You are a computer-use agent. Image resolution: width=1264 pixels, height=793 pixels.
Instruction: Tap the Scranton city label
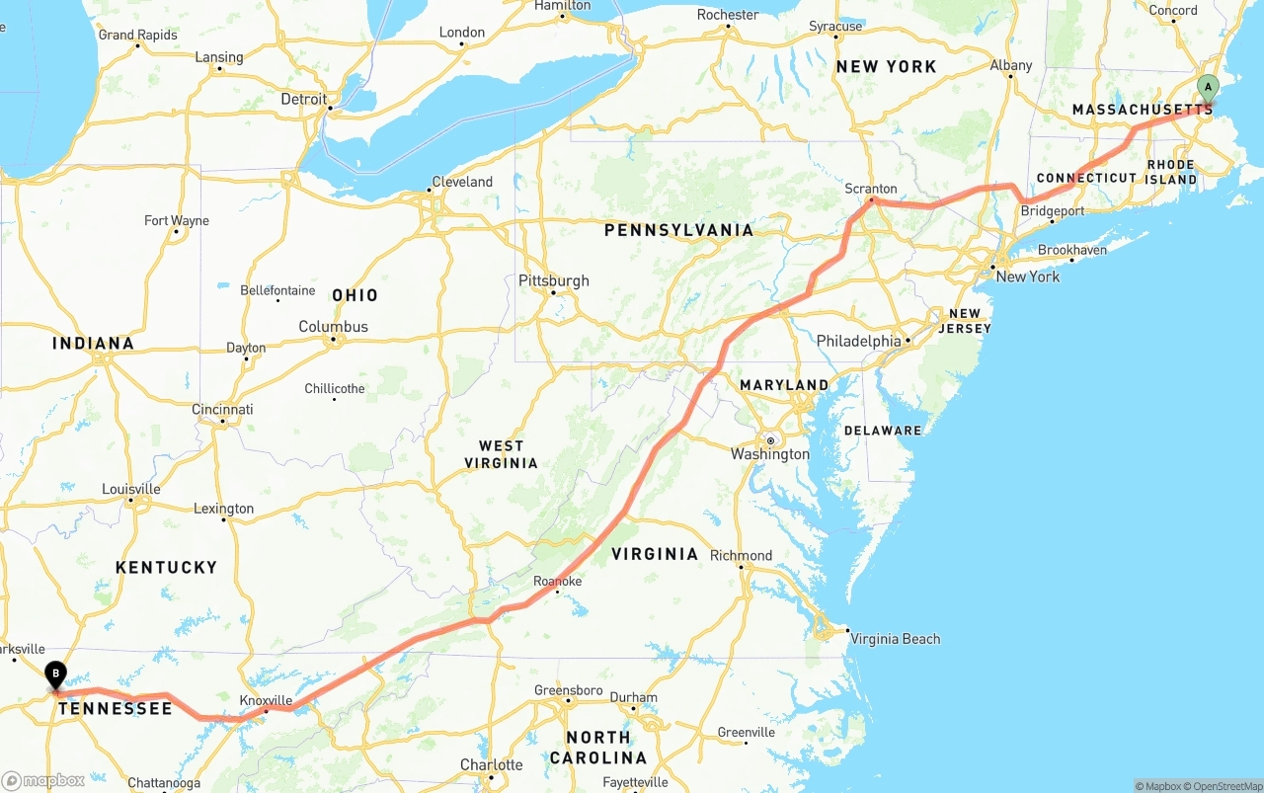coord(871,189)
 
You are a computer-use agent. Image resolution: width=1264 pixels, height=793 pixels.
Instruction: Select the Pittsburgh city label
coord(553,280)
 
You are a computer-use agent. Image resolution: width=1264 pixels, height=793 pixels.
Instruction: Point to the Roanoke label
coord(557,582)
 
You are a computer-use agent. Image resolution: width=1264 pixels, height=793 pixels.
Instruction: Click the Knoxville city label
coord(266,700)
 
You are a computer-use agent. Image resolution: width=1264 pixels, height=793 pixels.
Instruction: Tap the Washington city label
coord(770,454)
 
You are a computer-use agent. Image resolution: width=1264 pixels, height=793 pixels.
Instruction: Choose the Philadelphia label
coord(858,341)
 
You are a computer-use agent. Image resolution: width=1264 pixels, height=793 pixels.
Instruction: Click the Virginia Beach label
coord(895,639)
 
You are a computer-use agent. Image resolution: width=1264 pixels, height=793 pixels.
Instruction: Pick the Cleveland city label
coord(461,182)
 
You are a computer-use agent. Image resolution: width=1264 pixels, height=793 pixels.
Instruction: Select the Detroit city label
coord(303,99)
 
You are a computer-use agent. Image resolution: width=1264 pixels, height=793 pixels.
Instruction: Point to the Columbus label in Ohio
coord(333,327)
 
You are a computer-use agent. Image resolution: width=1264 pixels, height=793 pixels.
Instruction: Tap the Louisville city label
coord(130,489)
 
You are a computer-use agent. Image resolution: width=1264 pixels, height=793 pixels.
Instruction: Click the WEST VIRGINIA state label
coord(502,454)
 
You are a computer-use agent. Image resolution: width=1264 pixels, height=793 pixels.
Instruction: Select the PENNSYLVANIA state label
coord(678,230)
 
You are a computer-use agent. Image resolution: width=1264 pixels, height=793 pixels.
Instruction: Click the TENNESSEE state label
coord(115,708)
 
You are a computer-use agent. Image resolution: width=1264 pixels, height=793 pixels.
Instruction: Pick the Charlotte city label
coord(491,765)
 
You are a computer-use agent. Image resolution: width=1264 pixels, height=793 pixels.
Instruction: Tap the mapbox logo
coord(43,780)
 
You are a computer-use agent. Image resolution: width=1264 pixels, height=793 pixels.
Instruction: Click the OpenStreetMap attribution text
coord(1225,786)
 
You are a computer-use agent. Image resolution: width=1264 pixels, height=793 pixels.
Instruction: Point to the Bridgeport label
coord(1052,211)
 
